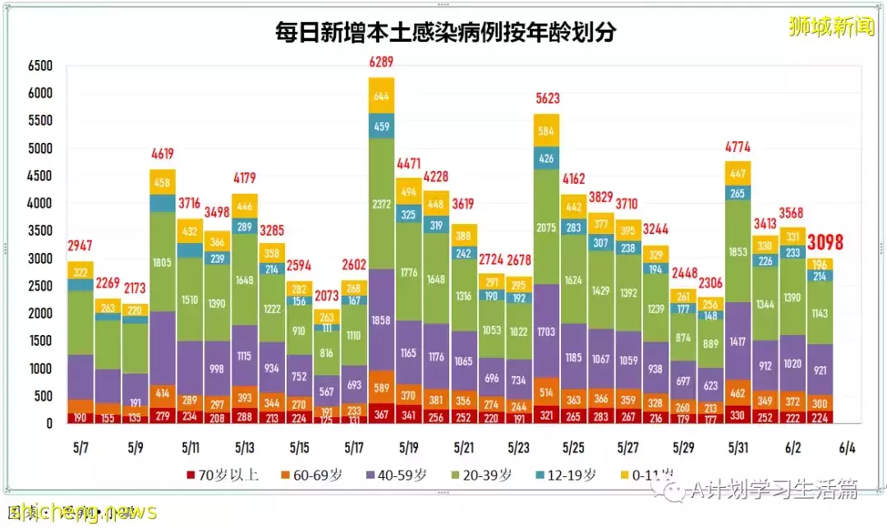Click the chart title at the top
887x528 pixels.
[445, 32]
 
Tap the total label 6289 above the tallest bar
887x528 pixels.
[381, 62]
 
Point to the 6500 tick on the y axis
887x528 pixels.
[39, 66]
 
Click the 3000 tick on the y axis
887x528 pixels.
[39, 259]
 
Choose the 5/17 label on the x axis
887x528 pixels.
[354, 448]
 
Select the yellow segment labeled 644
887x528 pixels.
[381, 96]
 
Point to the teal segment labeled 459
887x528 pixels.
[381, 126]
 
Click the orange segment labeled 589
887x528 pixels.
[381, 387]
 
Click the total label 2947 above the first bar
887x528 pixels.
[80, 246]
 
